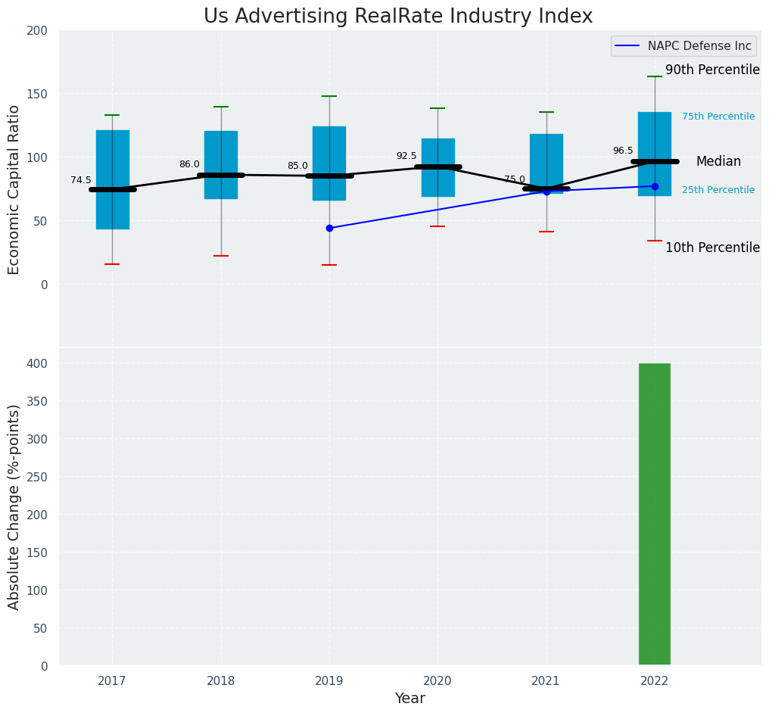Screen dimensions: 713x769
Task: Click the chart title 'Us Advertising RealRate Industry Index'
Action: [398, 17]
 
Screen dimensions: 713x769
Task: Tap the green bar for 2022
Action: [654, 514]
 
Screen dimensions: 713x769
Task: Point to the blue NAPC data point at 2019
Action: [329, 228]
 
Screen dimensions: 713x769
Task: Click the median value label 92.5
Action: [406, 156]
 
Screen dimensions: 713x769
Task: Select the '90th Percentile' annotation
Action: [712, 70]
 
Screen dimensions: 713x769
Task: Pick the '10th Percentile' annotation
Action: [712, 248]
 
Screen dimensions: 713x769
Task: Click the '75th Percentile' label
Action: [718, 117]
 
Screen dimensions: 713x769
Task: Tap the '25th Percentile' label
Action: [718, 190]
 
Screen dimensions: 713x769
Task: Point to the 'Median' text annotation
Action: [718, 161]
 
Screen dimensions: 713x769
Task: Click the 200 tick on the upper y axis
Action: [38, 30]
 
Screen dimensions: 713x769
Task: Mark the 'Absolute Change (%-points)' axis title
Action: [14, 506]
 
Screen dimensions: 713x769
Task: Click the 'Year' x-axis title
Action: [409, 699]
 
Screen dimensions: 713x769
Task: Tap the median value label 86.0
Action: [189, 164]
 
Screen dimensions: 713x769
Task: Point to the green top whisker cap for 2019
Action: [329, 96]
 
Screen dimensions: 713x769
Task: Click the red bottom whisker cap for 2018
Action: [221, 256]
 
